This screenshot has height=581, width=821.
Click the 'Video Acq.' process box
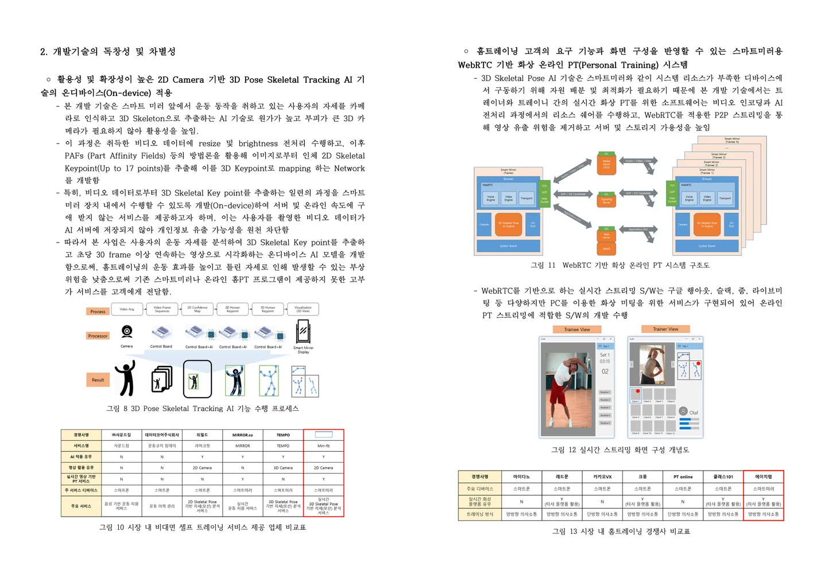point(127,309)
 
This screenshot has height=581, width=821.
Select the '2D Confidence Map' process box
point(197,309)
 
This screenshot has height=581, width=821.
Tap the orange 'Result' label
point(98,380)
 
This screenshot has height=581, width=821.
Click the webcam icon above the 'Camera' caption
point(127,332)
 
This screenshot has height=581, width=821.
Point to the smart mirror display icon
point(303,332)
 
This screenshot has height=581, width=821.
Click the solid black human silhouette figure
point(125,378)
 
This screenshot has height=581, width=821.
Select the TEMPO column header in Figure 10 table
point(283,435)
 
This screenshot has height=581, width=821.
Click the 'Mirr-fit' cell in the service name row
point(323,446)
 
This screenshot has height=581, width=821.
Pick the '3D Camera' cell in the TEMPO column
point(283,468)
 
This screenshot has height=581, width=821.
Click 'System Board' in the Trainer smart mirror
point(508,246)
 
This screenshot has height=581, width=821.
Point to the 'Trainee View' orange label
point(577,329)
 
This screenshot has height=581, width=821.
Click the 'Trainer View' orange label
point(665,329)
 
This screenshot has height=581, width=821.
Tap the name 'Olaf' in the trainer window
point(694,413)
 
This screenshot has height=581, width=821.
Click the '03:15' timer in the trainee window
point(605,361)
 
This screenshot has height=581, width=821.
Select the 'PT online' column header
point(683,476)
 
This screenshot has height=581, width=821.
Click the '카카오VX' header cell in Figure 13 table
point(602,476)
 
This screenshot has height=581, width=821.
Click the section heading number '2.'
point(44,52)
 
